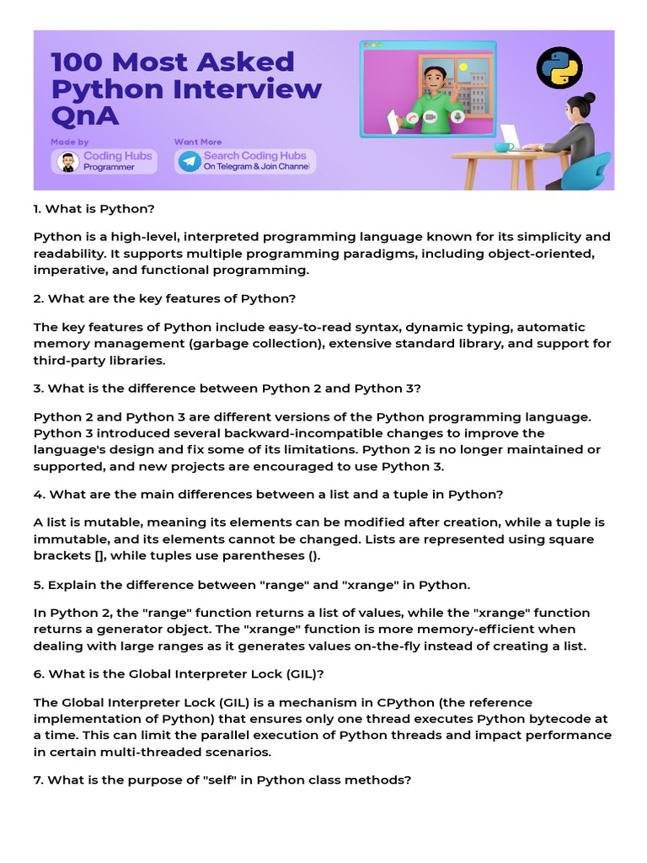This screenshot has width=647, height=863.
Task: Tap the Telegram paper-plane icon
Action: (190, 161)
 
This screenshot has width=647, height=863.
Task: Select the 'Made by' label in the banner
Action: (69, 142)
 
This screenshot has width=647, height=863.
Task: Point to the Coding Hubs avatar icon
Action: (67, 161)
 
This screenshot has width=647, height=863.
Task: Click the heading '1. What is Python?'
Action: (94, 208)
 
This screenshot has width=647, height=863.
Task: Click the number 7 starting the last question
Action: (38, 780)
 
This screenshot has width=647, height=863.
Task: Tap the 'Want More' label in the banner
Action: (199, 142)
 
